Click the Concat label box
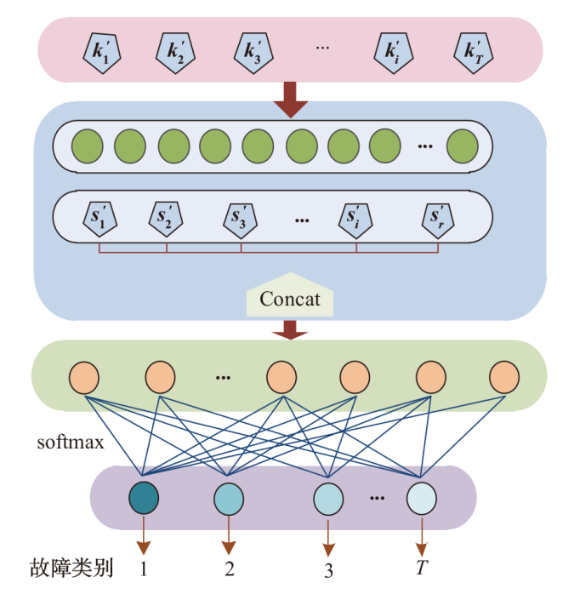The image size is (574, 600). coord(290,298)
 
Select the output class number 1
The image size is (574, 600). coord(144,568)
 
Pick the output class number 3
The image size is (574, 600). coord(328,569)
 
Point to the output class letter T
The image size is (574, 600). coord(422,568)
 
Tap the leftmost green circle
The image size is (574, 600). coord(88,146)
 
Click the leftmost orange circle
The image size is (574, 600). coord(85,375)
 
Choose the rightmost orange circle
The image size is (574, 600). coord(504,375)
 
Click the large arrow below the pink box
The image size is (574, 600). coord(290,100)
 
